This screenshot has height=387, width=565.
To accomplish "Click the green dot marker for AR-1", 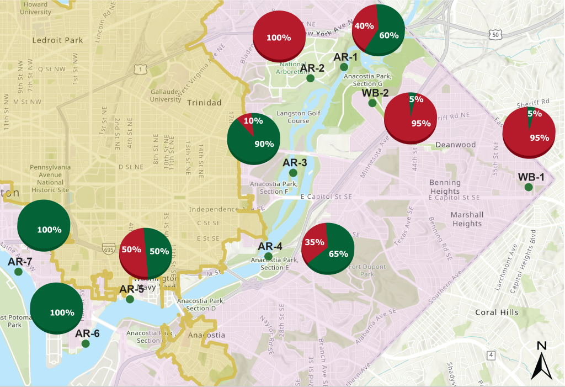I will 344,67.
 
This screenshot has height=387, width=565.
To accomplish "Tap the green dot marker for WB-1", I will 528,188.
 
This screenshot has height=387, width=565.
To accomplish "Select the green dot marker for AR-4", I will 268,256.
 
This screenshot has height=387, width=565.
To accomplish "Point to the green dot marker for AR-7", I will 18,272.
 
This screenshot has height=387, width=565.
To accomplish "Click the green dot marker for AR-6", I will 86,343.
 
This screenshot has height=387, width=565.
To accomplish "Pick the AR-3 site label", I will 295,163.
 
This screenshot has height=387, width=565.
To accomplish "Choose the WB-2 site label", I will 375,92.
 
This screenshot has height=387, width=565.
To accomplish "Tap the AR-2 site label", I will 312,68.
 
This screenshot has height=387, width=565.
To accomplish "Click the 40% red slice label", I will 364,26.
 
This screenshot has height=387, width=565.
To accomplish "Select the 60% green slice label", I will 389,35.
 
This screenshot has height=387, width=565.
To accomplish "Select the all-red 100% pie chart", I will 279,36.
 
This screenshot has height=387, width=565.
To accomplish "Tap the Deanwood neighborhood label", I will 455,145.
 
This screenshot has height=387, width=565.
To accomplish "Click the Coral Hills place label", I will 497,312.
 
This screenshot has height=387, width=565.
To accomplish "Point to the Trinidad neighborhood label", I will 204,103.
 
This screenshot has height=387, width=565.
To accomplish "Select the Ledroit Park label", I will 57,40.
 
